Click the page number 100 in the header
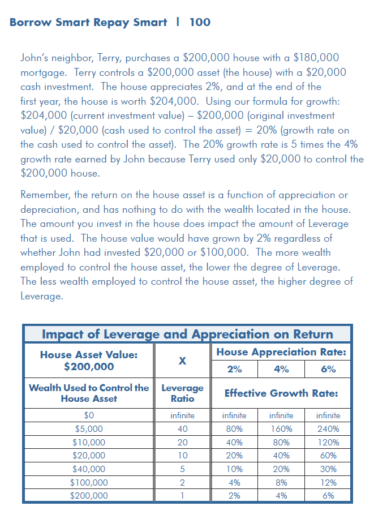[x=200, y=23]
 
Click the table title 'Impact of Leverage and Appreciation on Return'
[x=187, y=333]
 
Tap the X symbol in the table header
[x=182, y=361]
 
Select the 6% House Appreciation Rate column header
[x=328, y=370]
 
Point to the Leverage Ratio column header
[x=182, y=393]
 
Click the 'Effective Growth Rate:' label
[x=281, y=393]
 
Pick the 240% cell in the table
[x=328, y=429]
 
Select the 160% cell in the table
[x=281, y=429]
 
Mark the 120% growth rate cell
[x=328, y=443]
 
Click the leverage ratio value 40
[x=182, y=429]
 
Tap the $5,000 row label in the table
[x=88, y=429]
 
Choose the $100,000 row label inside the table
[x=88, y=483]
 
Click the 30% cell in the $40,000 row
[x=328, y=469]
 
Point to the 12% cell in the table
[x=328, y=483]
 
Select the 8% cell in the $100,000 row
[x=281, y=483]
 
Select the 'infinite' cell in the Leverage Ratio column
[x=182, y=415]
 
